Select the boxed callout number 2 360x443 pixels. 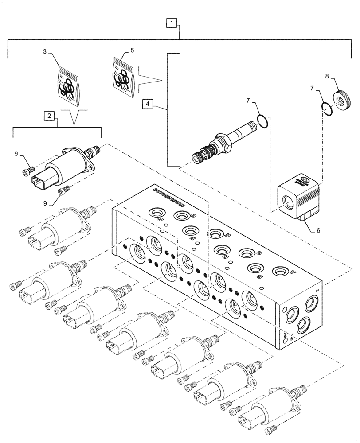[50, 117]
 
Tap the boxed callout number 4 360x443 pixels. [148, 104]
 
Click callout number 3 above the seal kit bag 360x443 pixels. [45, 52]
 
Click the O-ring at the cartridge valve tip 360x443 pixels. [262, 121]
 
